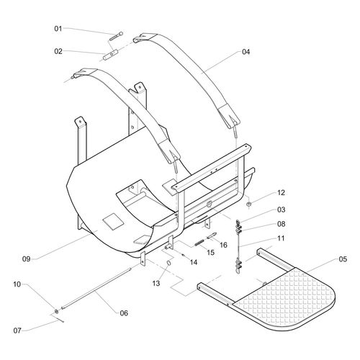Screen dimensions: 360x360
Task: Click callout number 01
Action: (58, 28)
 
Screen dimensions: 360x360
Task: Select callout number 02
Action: (58, 50)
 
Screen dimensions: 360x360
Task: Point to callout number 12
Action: (261, 192)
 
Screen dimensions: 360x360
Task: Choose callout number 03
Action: (261, 210)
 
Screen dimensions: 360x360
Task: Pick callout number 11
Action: (261, 238)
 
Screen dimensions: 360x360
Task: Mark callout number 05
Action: (341, 259)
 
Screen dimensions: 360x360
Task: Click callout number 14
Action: (194, 262)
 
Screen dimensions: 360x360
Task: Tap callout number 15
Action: (211, 252)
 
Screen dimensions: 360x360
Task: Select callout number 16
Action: (224, 245)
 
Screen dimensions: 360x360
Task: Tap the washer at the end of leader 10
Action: (56, 311)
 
